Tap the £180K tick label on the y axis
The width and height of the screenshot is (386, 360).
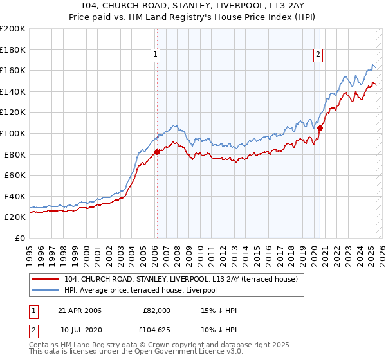click(13, 50)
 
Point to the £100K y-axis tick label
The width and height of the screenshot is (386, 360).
click(13, 133)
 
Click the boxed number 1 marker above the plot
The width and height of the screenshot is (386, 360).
click(156, 55)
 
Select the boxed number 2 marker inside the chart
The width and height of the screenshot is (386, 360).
click(318, 55)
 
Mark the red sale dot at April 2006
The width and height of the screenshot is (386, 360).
click(157, 152)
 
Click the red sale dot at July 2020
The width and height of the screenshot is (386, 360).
click(320, 128)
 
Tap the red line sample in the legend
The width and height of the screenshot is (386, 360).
click(46, 280)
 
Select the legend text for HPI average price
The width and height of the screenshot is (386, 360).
click(140, 290)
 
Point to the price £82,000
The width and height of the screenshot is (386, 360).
click(157, 310)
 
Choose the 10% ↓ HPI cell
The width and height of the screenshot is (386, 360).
click(219, 330)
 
